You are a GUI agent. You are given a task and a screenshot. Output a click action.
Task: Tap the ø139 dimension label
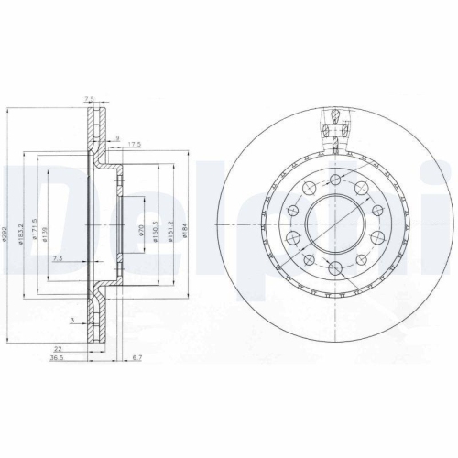46,239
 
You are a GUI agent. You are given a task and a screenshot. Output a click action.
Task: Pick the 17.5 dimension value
134,143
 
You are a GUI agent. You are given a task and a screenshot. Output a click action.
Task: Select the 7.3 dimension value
58,260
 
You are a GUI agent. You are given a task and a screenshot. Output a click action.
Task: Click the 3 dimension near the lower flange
71,319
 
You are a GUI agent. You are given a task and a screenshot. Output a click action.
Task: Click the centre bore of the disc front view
335,229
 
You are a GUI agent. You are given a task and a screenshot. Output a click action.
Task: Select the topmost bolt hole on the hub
335,179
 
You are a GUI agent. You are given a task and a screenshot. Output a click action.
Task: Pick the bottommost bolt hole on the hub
335,267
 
